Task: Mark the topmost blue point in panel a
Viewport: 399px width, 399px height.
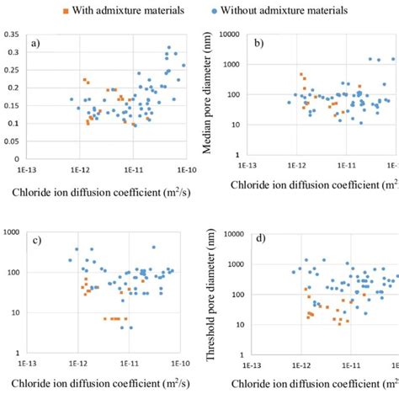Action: click(x=169, y=47)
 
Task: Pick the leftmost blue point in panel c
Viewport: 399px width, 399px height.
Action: click(x=70, y=261)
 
